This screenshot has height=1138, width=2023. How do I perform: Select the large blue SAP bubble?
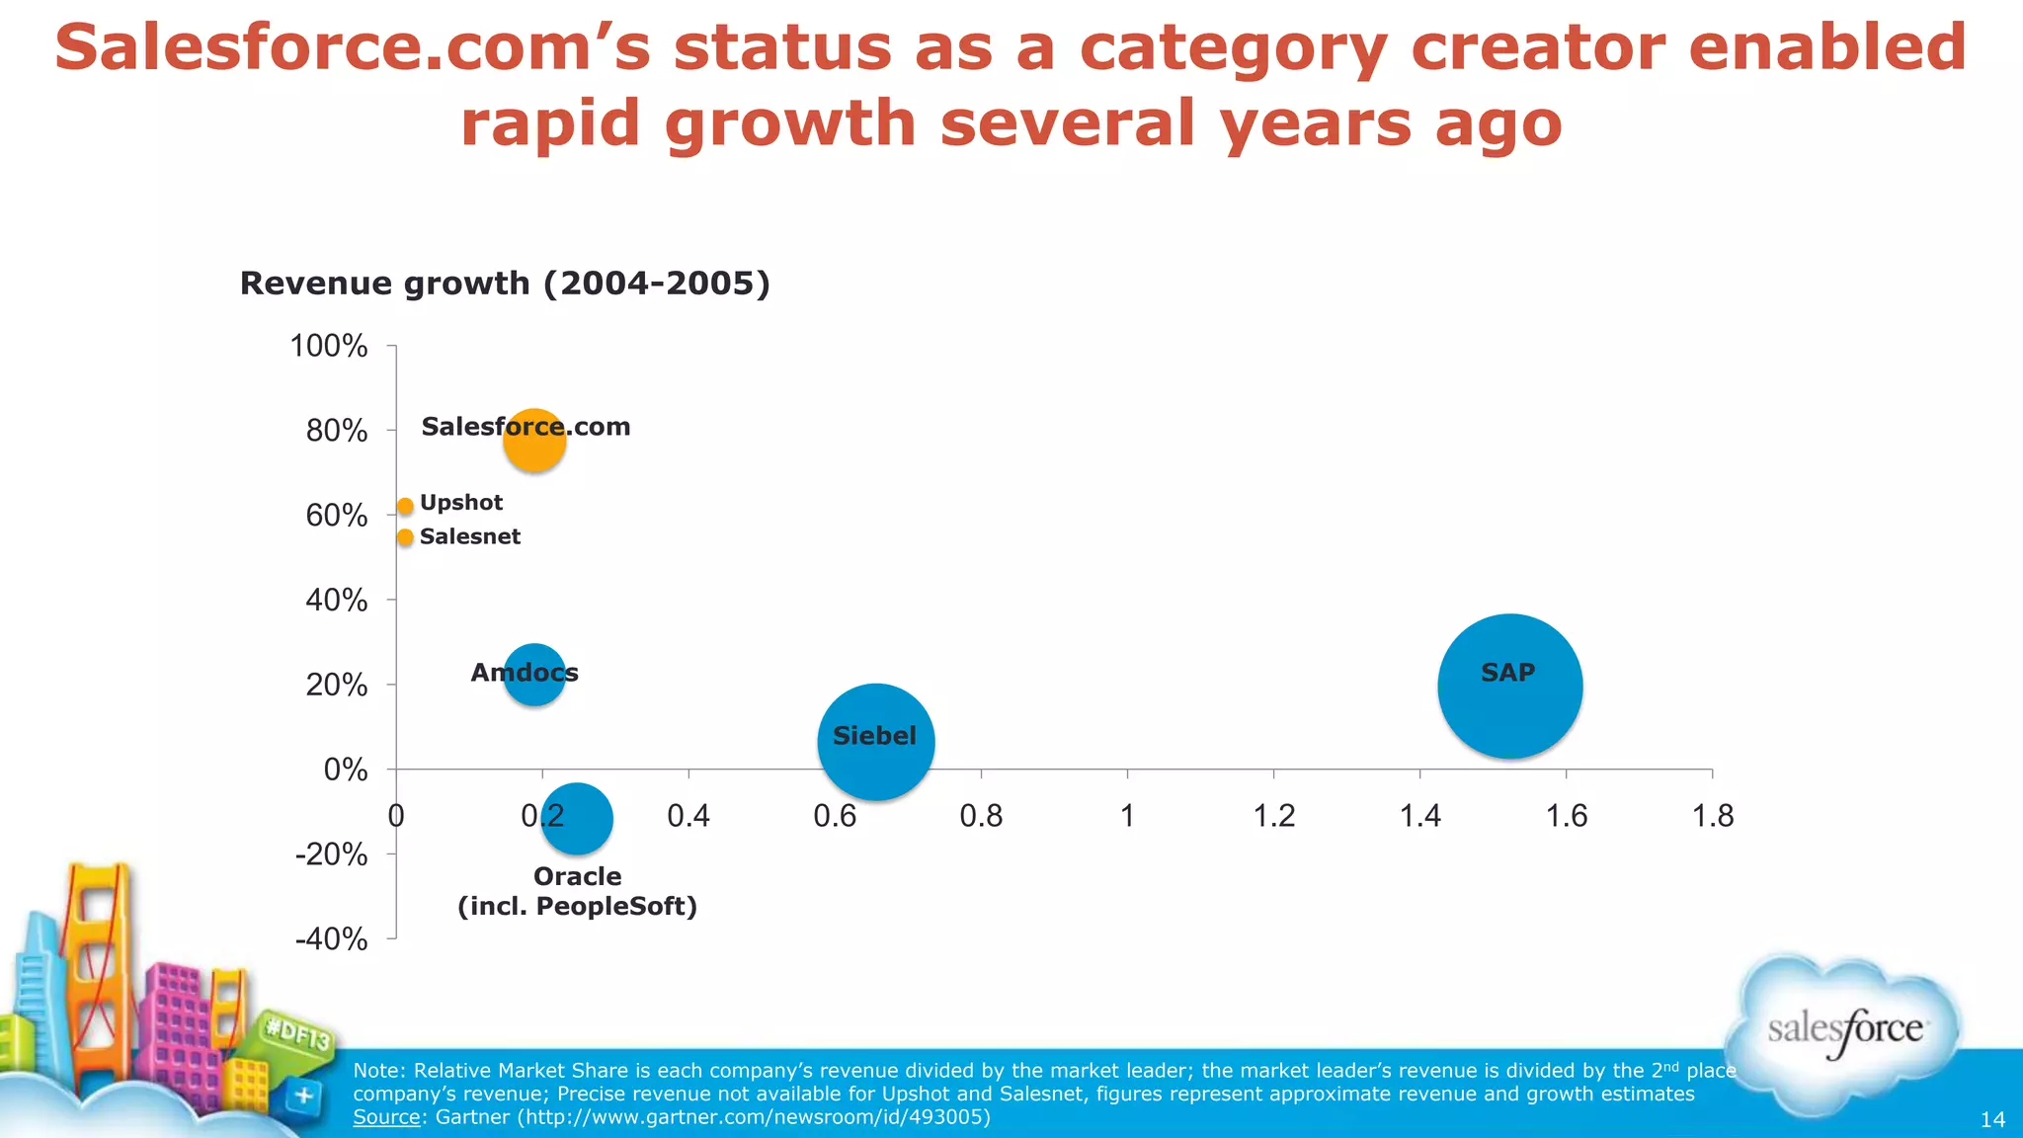pos(1509,687)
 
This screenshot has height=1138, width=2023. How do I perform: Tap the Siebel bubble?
pos(876,742)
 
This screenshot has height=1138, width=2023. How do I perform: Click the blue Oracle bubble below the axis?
pos(577,819)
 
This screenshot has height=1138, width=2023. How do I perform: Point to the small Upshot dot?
pos(405,506)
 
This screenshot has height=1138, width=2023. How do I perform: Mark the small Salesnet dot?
pos(405,537)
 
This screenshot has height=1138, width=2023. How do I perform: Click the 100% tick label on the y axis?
pos(329,347)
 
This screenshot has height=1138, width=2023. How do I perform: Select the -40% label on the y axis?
pos(332,938)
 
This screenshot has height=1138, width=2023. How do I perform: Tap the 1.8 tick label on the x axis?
pos(1712,816)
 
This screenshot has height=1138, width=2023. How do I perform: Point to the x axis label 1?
pos(1127,816)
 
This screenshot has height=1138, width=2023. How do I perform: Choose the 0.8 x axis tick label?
pos(980,816)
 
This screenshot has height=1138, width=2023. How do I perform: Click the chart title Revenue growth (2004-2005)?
pos(505,284)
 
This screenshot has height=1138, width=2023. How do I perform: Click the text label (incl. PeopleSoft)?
pos(577,907)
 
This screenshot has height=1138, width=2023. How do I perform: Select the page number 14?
pos(1992,1119)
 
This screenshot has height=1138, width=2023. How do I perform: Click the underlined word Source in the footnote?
pos(386,1117)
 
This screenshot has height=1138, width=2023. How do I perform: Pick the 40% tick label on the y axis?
pos(336,601)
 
